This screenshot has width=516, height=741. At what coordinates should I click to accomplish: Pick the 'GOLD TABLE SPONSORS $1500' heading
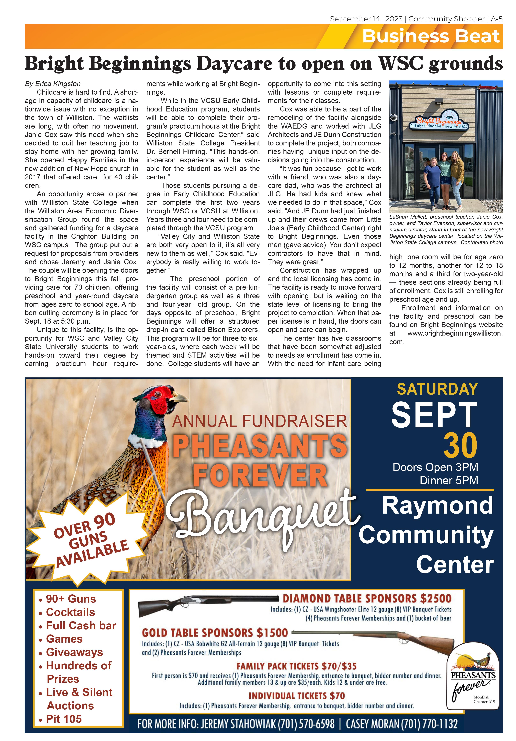(215, 633)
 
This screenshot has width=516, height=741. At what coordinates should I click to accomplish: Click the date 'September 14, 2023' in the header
(366, 19)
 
